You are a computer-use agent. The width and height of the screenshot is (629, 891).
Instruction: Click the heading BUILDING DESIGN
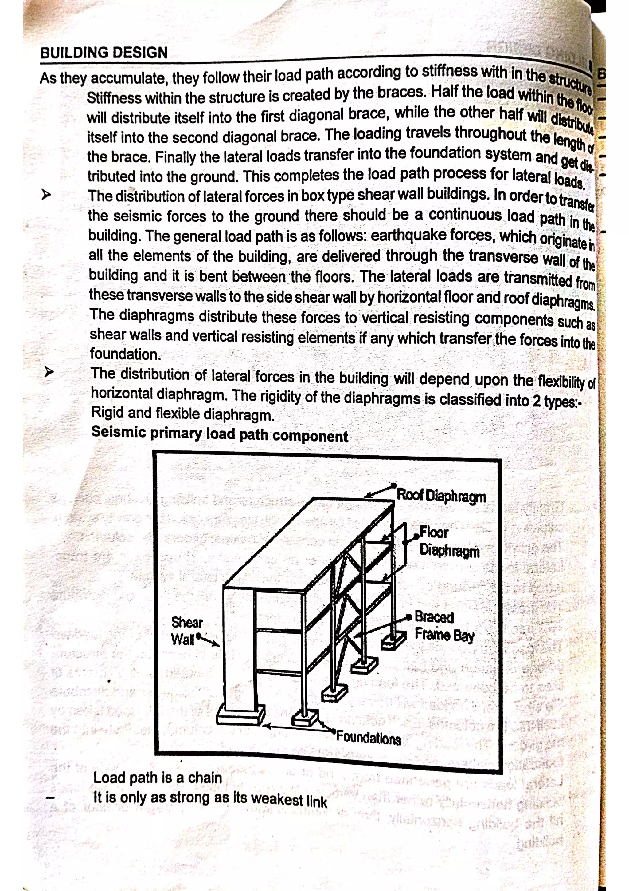click(x=104, y=52)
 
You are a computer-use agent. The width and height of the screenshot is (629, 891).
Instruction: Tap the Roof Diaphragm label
click(x=441, y=496)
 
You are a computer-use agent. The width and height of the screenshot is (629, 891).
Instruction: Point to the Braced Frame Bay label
click(x=444, y=626)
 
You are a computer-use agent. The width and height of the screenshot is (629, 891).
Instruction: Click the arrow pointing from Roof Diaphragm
click(x=380, y=491)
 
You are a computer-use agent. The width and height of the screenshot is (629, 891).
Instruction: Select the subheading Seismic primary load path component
click(x=219, y=434)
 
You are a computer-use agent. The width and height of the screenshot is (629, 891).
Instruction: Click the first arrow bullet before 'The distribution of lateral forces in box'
click(x=46, y=194)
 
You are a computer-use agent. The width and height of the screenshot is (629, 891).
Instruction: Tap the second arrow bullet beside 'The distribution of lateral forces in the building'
click(x=49, y=372)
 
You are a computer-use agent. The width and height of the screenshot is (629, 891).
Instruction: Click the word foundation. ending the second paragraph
click(x=125, y=354)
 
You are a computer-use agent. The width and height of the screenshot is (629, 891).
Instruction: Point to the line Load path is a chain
click(x=157, y=777)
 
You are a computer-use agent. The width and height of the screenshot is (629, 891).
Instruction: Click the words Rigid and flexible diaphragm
click(x=182, y=414)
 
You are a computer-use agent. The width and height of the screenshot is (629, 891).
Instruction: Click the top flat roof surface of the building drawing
click(x=310, y=543)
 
